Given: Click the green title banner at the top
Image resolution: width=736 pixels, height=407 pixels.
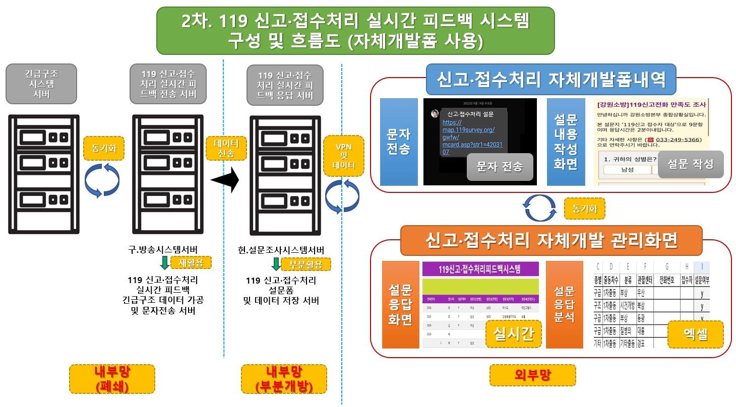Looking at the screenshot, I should [355, 30].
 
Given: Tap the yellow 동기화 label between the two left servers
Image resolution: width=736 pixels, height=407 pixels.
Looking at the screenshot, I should [103, 149].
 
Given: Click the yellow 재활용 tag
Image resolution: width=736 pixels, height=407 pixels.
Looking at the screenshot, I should [191, 262].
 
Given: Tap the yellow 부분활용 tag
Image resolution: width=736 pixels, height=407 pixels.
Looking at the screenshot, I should [306, 264].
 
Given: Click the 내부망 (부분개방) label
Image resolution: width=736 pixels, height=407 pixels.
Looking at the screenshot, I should [284, 379].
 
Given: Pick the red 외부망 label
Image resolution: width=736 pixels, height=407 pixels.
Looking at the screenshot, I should [532, 374].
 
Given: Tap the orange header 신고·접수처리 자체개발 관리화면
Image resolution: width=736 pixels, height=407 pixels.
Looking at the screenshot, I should [551, 241].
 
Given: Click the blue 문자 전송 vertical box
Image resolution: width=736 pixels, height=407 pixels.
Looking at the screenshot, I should [398, 142].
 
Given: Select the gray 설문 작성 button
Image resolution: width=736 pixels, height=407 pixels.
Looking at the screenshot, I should [690, 164].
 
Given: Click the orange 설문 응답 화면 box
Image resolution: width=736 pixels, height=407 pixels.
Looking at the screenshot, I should [400, 304].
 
